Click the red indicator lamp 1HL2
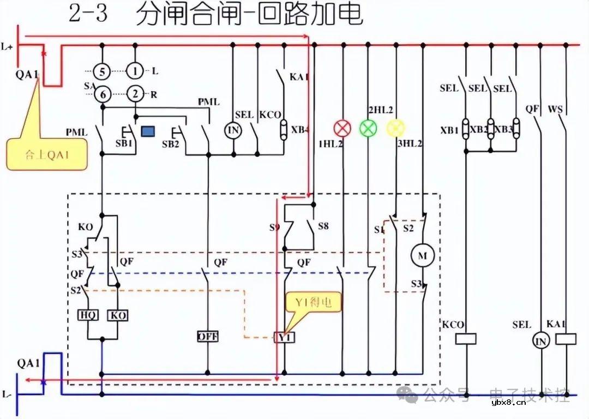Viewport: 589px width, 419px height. click(342, 128)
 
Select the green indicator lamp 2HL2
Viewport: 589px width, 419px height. click(368, 128)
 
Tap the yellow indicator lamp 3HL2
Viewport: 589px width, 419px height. click(395, 128)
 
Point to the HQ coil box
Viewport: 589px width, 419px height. click(88, 315)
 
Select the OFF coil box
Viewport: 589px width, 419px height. click(207, 337)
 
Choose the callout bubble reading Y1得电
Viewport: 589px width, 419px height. click(314, 302)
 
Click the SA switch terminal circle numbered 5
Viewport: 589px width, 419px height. click(101, 71)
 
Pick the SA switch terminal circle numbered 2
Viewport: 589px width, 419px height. click(135, 94)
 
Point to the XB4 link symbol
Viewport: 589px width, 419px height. click(283, 130)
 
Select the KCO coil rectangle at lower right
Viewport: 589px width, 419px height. click(466, 339)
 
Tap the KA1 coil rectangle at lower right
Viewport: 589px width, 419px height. click(566, 339)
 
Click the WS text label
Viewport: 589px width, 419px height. click(555, 110)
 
